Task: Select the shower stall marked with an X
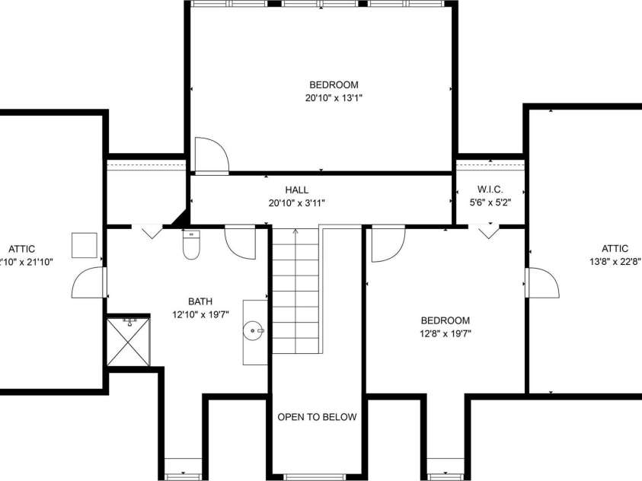[x=129, y=342]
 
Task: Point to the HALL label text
[x=297, y=190]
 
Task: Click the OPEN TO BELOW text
[x=317, y=417]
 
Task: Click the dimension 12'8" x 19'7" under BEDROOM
[x=445, y=333]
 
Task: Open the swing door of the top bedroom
[x=211, y=155]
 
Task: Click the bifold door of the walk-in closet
[x=488, y=231]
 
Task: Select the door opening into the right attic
[x=541, y=282]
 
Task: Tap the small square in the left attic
[x=83, y=244]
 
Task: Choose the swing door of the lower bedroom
[x=387, y=243]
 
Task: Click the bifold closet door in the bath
[x=152, y=231]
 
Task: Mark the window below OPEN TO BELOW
[x=316, y=477]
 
